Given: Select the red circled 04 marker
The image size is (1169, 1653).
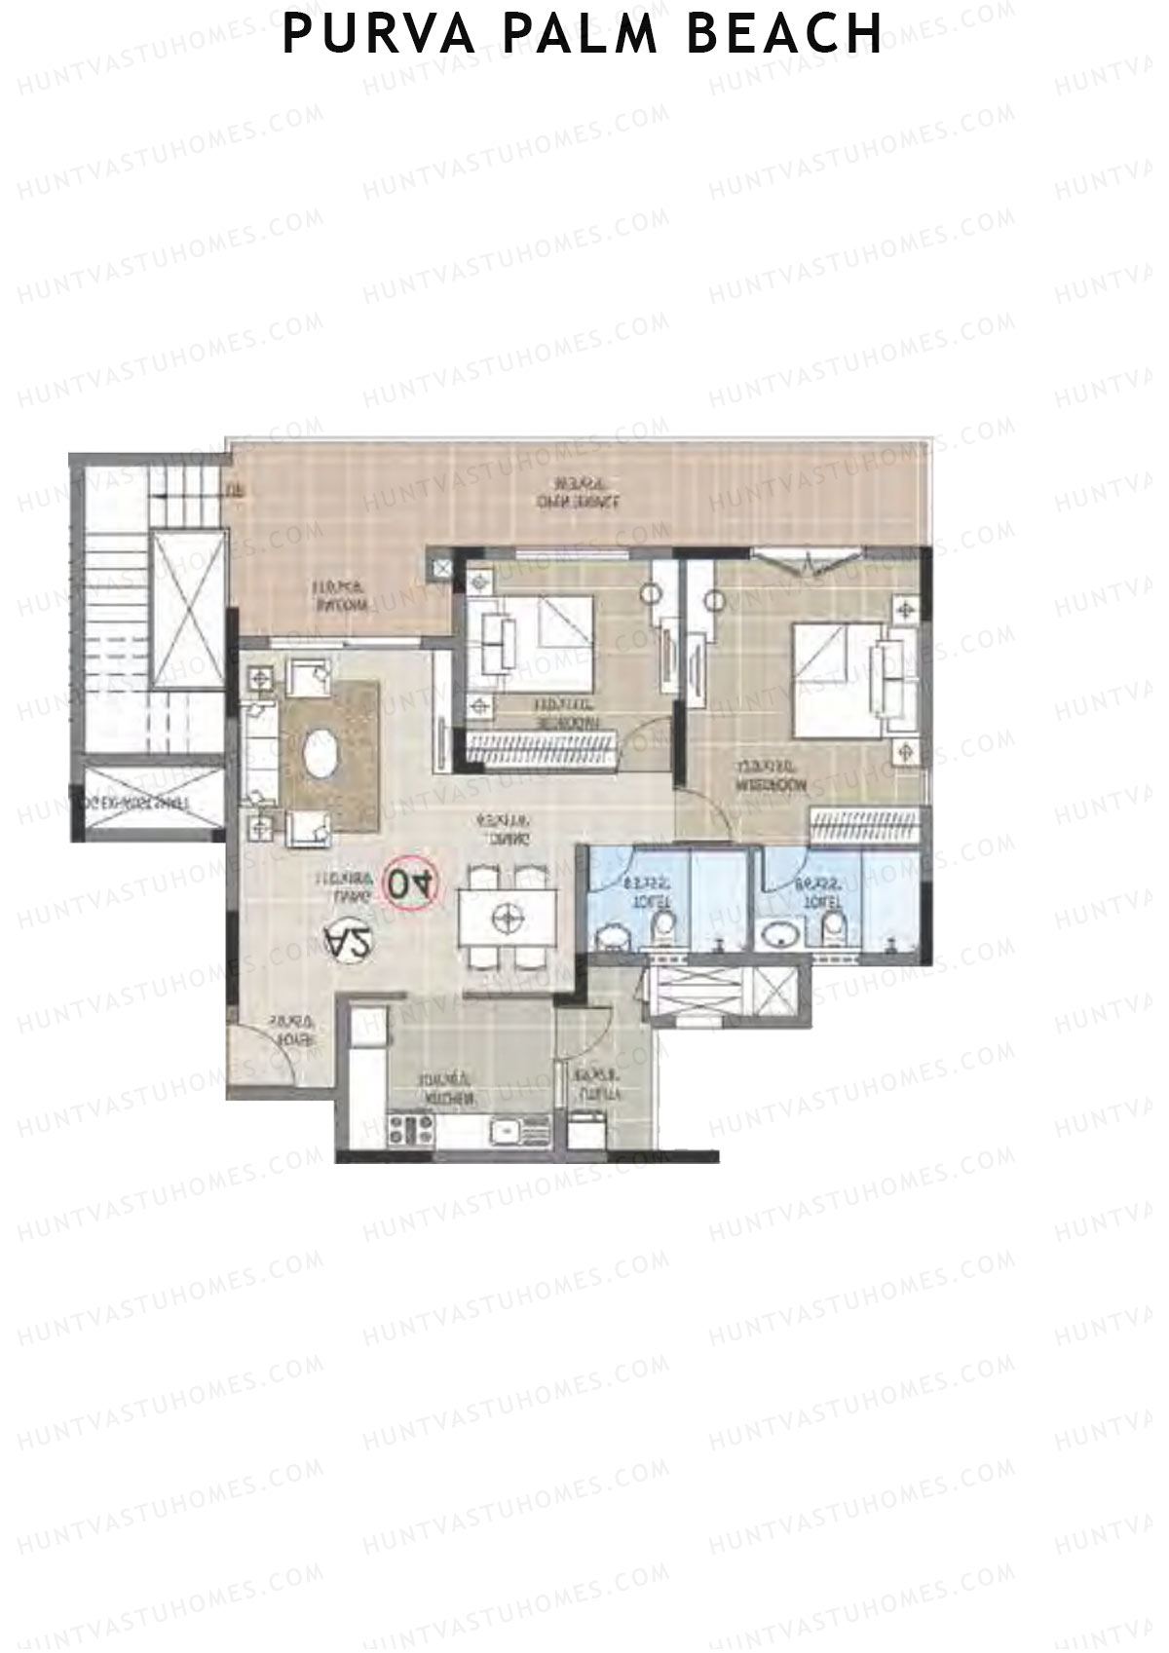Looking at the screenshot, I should (413, 883).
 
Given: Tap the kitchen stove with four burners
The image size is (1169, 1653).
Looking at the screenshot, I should (411, 1130).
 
